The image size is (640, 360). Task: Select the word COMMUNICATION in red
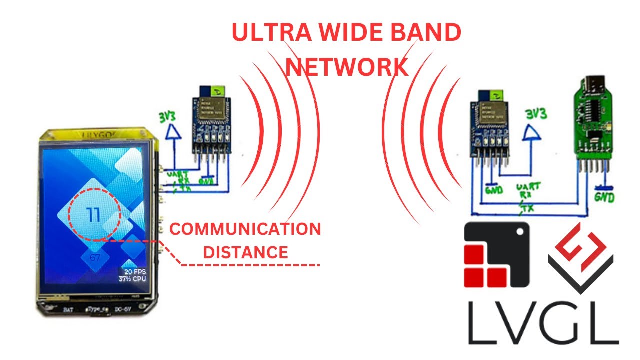(245, 229)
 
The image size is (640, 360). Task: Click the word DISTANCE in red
(245, 252)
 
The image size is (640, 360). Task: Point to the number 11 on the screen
(93, 215)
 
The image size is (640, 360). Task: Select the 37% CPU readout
(132, 278)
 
